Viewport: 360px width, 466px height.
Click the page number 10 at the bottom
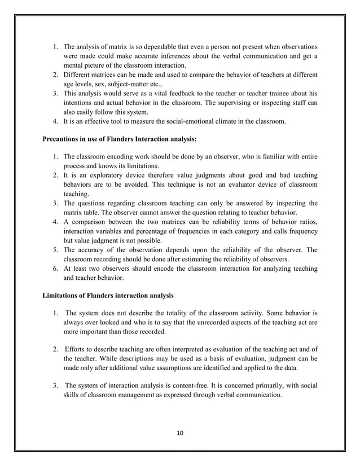coord(179,433)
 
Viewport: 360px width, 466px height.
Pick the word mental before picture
coord(76,64)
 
